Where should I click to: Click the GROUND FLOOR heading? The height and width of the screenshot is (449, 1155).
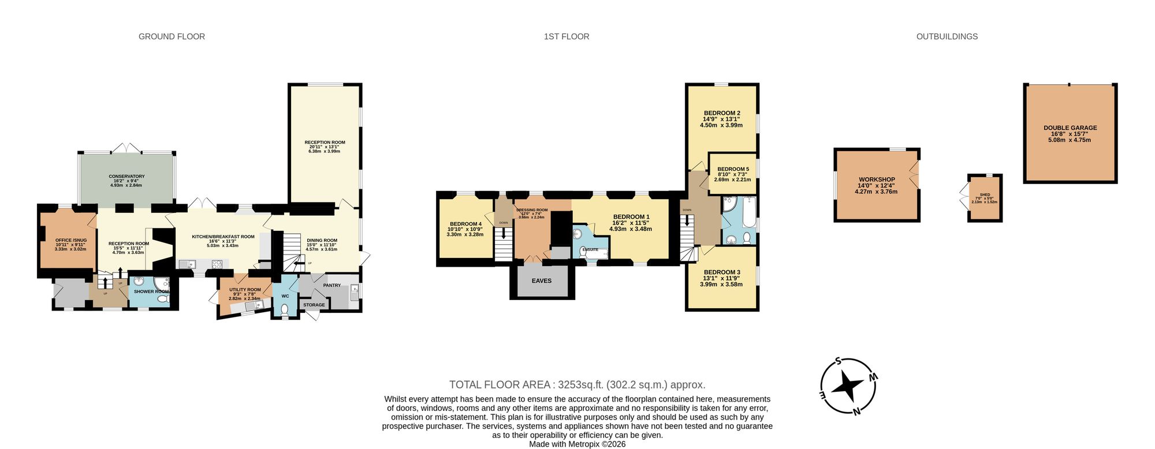[x=172, y=36]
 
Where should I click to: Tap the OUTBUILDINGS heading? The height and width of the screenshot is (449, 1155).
[x=947, y=36]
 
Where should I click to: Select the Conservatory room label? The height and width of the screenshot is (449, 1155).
[x=126, y=177]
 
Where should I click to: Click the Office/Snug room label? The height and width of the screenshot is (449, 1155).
[x=71, y=240]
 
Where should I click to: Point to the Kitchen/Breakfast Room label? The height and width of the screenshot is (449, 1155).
[x=223, y=237]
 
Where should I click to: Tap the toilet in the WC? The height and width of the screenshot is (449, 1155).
[x=284, y=310]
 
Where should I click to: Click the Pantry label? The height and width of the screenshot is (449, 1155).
[x=332, y=285]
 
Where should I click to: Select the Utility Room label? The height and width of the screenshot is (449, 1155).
[x=245, y=290]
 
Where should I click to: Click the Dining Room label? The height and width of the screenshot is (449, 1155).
[x=322, y=241]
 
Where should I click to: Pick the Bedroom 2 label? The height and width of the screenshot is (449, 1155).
[x=722, y=113]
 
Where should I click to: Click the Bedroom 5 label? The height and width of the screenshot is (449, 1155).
[x=733, y=169]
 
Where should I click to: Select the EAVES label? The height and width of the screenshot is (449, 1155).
[x=542, y=281]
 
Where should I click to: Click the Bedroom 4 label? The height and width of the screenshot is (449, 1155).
[x=465, y=224]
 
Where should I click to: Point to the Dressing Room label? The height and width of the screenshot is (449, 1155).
[x=531, y=210]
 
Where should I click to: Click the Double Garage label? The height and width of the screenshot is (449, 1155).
[x=1070, y=128]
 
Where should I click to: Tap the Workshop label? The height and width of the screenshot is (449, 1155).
[x=877, y=179]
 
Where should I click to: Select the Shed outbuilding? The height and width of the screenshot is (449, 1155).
[x=985, y=198]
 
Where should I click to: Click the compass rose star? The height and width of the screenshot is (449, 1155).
[x=848, y=386]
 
